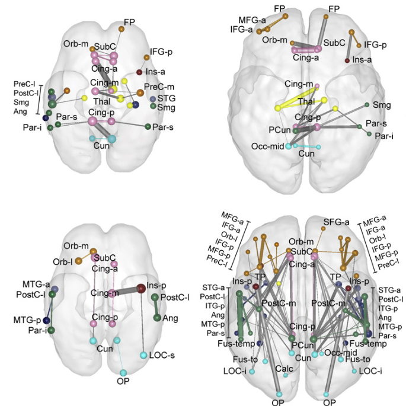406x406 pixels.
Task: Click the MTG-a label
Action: click(x=36, y=284)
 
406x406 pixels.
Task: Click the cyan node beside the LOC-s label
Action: click(x=143, y=355)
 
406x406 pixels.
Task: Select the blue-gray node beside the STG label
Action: click(x=153, y=98)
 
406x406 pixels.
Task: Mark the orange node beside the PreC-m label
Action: click(x=140, y=93)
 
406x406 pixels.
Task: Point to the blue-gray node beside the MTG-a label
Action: click(x=55, y=288)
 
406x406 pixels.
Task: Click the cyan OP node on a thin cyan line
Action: click(x=123, y=373)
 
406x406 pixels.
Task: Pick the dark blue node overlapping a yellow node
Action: click(x=136, y=104)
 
